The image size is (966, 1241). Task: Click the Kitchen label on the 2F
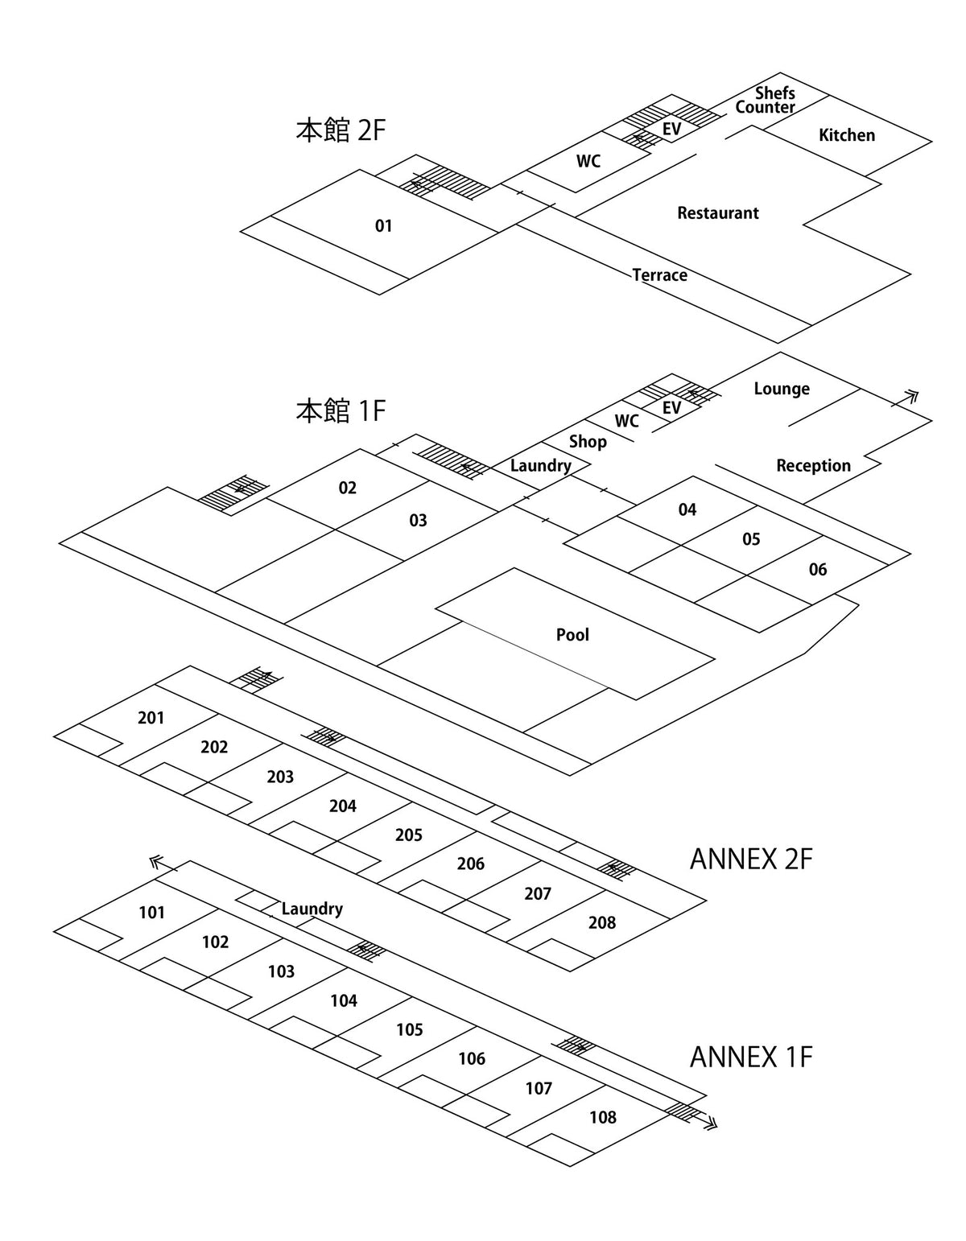846,135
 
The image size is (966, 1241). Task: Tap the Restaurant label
717,213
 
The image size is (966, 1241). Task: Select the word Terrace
659,275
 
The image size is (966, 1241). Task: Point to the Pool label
572,635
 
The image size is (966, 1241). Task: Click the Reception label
813,466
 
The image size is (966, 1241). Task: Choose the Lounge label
781,390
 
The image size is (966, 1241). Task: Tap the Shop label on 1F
588,442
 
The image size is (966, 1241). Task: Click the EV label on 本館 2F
671,129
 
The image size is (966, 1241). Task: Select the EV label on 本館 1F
671,408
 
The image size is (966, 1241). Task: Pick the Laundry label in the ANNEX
312,909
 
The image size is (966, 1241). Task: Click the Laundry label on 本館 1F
540,466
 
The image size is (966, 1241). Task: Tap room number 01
383,226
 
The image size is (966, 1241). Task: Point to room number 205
408,835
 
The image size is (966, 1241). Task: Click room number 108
602,1117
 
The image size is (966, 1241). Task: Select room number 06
817,570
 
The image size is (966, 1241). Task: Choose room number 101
151,913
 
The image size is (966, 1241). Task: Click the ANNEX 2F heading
750,860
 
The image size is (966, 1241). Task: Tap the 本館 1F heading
341,411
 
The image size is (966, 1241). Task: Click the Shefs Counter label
766,101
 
